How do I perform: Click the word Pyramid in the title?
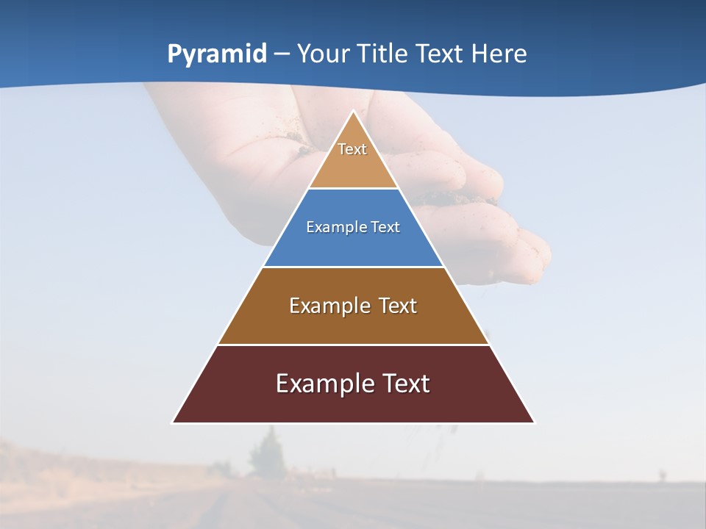click(217, 54)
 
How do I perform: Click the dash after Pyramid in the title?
click(282, 54)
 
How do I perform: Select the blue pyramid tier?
click(353, 246)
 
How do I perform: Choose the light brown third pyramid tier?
click(353, 323)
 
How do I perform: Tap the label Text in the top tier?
click(352, 149)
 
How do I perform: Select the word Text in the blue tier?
click(385, 227)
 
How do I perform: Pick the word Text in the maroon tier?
click(404, 384)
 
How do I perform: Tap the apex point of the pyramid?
click(353, 112)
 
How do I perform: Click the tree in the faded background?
click(266, 452)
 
